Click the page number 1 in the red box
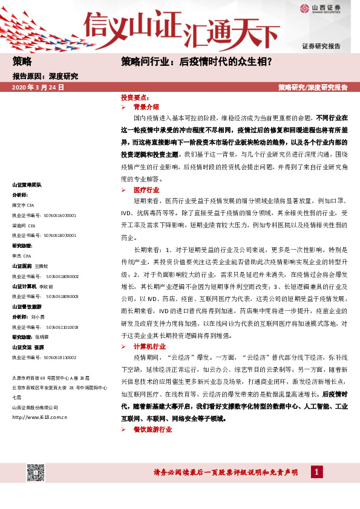pos(316,472)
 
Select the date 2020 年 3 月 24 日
pos(38,88)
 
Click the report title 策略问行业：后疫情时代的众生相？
pos(195,61)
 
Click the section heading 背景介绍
pos(146,106)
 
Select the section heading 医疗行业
pos(146,190)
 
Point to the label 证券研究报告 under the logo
pos(321,47)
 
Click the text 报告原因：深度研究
pos(45,77)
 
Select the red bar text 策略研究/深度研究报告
pos(313,88)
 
